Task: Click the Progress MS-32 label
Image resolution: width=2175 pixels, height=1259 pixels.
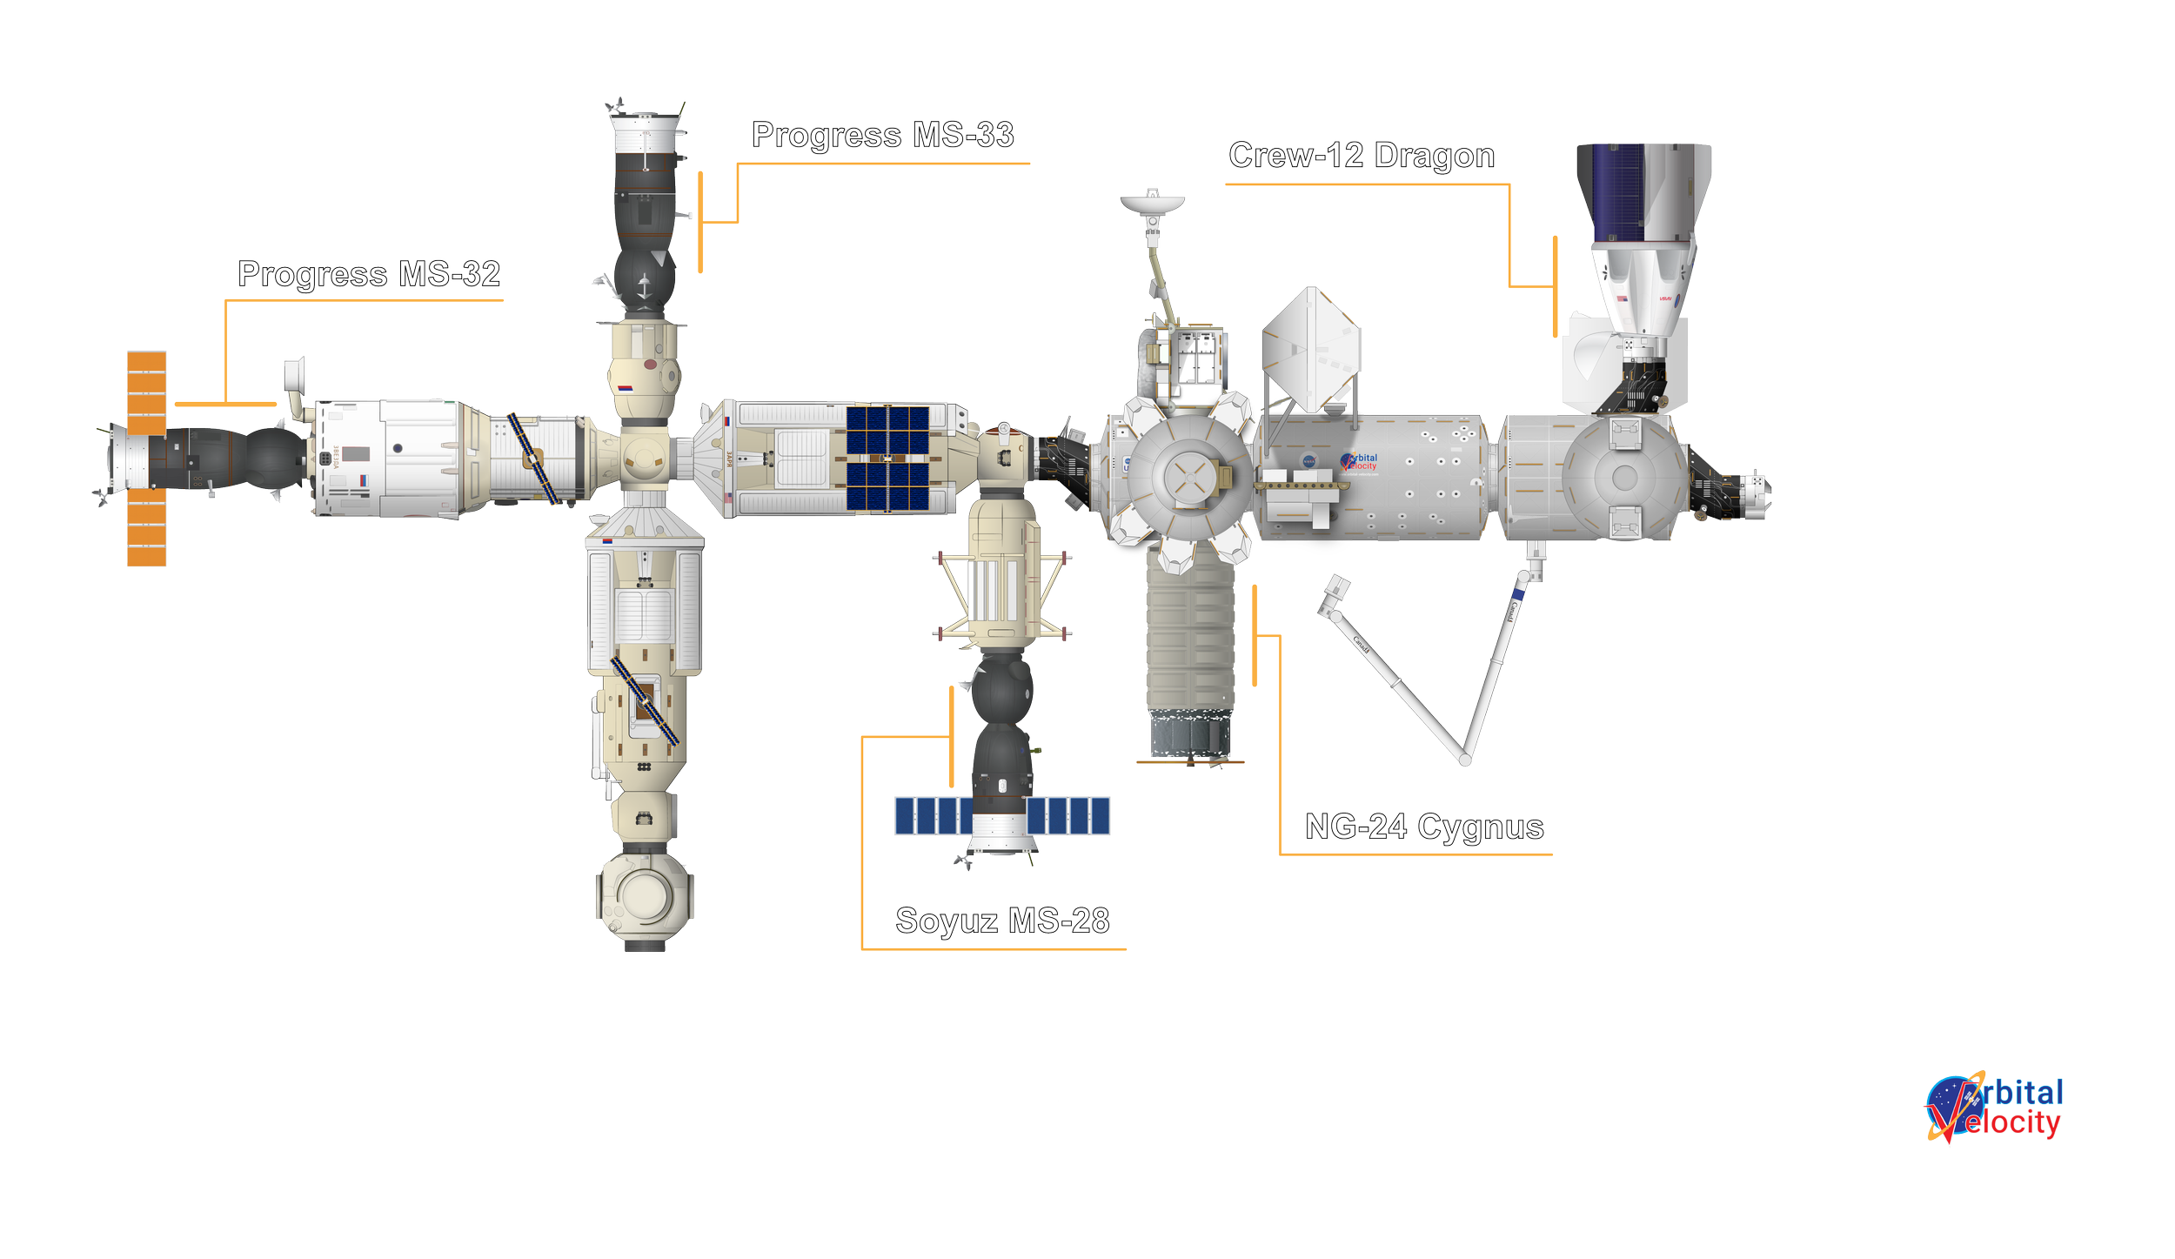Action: pyautogui.click(x=369, y=275)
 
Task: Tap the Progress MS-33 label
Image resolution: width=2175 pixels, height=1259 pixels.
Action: pyautogui.click(x=882, y=136)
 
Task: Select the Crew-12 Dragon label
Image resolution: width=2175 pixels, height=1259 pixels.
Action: pyautogui.click(x=1362, y=157)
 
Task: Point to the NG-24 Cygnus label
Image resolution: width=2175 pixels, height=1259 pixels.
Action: pyautogui.click(x=1424, y=827)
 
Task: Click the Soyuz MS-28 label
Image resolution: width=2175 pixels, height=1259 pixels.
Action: pyautogui.click(x=1002, y=921)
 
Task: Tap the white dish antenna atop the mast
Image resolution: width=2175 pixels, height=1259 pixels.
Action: pyautogui.click(x=1153, y=204)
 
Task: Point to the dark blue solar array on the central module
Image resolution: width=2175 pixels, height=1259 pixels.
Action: pyautogui.click(x=888, y=458)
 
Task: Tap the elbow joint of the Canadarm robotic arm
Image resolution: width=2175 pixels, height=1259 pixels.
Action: pyautogui.click(x=1466, y=760)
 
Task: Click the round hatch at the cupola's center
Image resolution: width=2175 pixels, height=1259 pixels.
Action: pyautogui.click(x=1189, y=477)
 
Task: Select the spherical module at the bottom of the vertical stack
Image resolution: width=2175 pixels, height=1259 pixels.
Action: pyautogui.click(x=644, y=896)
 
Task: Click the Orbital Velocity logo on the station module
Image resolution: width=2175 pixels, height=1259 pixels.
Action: pyautogui.click(x=1360, y=461)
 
